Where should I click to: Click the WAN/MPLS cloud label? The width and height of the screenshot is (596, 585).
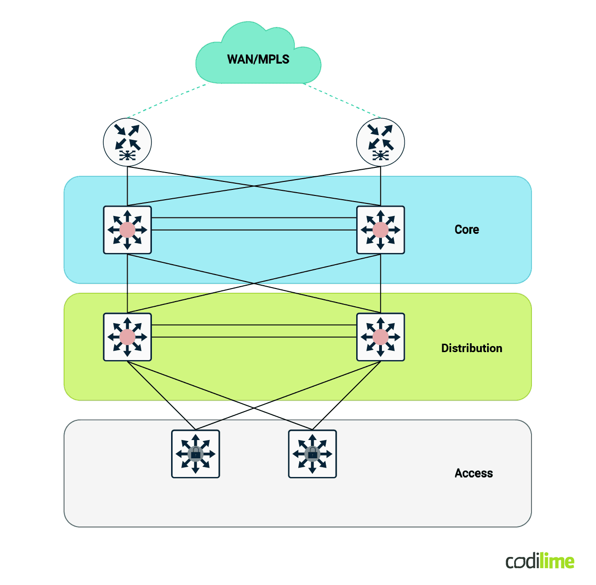[x=258, y=59]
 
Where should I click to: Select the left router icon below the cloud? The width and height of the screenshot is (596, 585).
[x=127, y=142]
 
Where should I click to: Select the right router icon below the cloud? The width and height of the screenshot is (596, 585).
[x=381, y=142]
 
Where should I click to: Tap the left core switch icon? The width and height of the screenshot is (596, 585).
[x=127, y=230]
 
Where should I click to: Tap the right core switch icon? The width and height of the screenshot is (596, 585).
[x=381, y=230]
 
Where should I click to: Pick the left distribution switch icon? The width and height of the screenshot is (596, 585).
[x=127, y=337]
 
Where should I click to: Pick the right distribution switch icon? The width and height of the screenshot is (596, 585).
[x=381, y=337]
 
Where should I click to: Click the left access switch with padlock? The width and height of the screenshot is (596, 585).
[x=195, y=454]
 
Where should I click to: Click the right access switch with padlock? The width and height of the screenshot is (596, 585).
[x=312, y=454]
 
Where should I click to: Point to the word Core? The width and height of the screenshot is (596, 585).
[x=467, y=230]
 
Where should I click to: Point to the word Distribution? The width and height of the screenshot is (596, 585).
[x=472, y=348]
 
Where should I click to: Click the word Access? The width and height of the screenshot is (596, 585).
[x=474, y=473]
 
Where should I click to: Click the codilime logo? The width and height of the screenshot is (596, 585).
[x=540, y=561]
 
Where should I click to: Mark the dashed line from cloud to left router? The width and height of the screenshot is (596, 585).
[x=166, y=101]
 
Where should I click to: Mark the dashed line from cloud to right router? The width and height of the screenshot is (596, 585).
[x=342, y=101]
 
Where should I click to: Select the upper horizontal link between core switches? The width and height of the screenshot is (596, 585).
[x=254, y=218]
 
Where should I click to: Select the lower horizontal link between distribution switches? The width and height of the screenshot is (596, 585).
[x=254, y=337]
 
